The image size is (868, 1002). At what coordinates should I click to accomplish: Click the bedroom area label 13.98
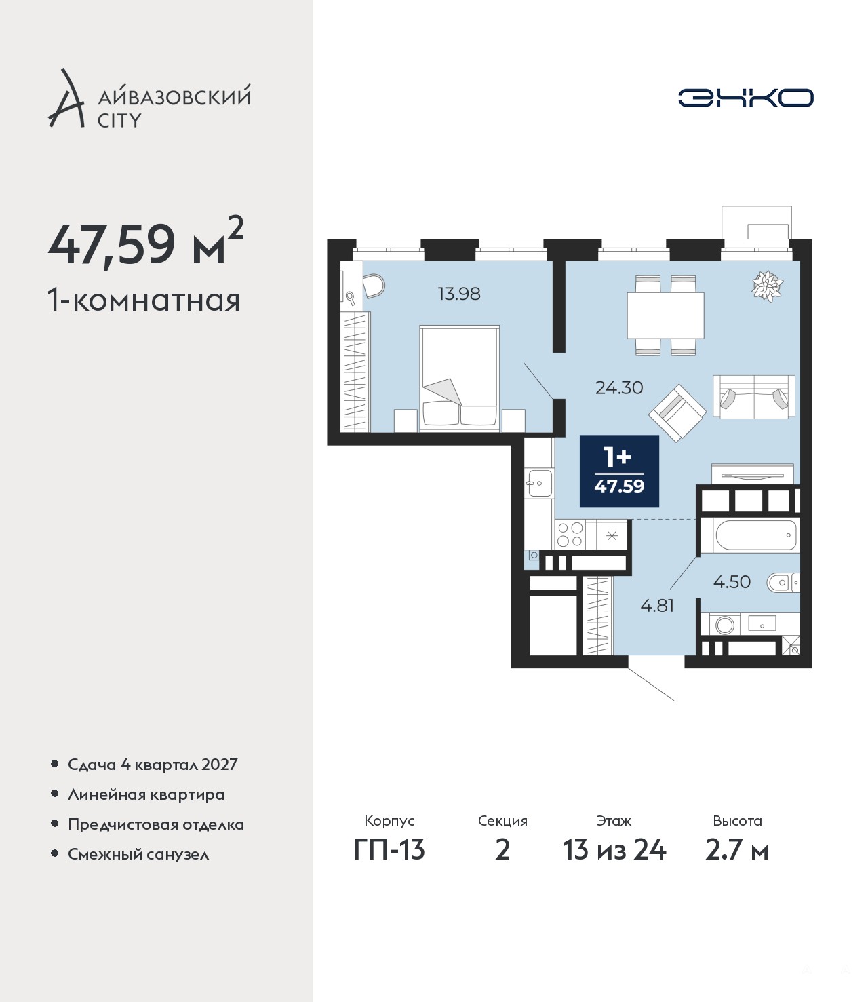[x=459, y=294]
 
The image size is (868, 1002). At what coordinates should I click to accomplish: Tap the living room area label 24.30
[x=619, y=388]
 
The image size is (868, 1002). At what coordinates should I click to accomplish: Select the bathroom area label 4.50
[x=732, y=581]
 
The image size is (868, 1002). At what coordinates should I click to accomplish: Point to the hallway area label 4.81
[x=657, y=606]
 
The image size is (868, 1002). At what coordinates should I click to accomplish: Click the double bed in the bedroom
[x=459, y=378]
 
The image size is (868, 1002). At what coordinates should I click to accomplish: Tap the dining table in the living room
[x=665, y=315]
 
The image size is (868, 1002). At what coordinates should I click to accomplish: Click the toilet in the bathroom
[x=783, y=582]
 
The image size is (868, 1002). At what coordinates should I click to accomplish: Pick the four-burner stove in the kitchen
[x=570, y=534]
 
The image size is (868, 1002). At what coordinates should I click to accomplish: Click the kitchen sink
[x=540, y=483]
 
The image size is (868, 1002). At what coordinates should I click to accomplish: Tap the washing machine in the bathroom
[x=724, y=625]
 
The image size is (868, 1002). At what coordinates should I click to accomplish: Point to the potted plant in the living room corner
[x=767, y=286]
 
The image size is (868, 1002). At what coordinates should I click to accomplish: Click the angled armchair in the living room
[x=677, y=412]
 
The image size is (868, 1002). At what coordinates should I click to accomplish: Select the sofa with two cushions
[x=753, y=397]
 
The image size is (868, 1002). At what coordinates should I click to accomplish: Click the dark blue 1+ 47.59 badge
[x=619, y=471]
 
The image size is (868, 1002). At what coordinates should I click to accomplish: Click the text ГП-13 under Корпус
[x=389, y=850]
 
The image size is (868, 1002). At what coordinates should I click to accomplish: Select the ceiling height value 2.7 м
[x=736, y=850]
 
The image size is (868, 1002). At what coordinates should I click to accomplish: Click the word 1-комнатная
[x=144, y=301]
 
